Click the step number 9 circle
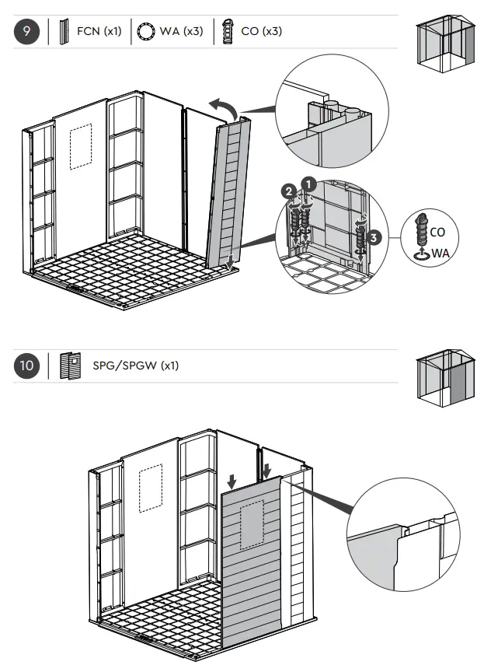(x=27, y=32)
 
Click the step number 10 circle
(x=27, y=365)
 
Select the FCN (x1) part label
(x=99, y=32)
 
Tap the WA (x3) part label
(x=181, y=32)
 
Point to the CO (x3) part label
(x=261, y=32)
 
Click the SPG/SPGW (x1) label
(x=135, y=365)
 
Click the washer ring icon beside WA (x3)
(x=145, y=33)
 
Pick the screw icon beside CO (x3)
(x=228, y=33)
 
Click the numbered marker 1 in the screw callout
(x=308, y=185)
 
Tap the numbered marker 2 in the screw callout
(x=289, y=191)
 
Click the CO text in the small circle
(x=437, y=232)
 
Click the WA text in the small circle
(x=440, y=253)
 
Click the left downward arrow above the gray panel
(x=231, y=480)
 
